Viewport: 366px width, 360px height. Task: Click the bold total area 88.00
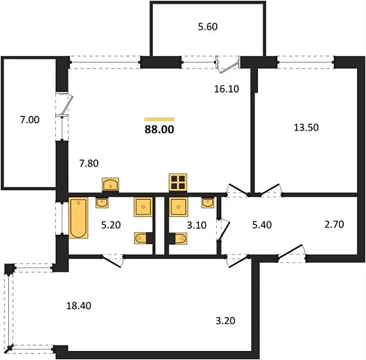tap(160, 129)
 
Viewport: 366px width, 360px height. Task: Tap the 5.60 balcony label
tap(208, 26)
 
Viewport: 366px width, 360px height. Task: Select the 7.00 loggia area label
tap(30, 120)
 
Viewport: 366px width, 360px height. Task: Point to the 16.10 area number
tap(226, 89)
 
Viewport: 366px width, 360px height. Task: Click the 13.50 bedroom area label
tap(306, 128)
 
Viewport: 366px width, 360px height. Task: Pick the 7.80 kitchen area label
tap(89, 163)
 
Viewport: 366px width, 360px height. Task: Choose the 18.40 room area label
tap(78, 305)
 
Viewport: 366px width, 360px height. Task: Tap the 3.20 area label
tap(225, 321)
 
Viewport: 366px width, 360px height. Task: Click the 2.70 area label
tap(334, 224)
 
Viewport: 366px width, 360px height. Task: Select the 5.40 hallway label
tap(262, 225)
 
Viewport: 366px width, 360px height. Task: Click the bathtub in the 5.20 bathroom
tap(78, 218)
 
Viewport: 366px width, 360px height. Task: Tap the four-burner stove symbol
tap(178, 183)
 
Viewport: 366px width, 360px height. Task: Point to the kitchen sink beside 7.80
tap(111, 184)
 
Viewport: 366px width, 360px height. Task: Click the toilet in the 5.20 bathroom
tap(142, 239)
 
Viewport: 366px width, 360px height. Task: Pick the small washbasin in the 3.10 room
tap(208, 203)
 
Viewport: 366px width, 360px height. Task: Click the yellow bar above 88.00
tap(160, 120)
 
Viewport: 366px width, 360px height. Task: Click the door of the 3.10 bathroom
tap(224, 230)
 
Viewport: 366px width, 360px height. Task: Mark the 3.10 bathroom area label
tap(197, 226)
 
